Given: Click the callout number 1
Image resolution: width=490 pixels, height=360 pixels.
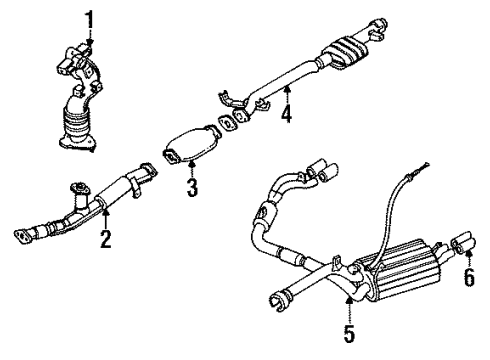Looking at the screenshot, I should point(89,18).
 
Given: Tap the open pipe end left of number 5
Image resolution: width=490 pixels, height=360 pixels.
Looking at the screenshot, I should point(277,297).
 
